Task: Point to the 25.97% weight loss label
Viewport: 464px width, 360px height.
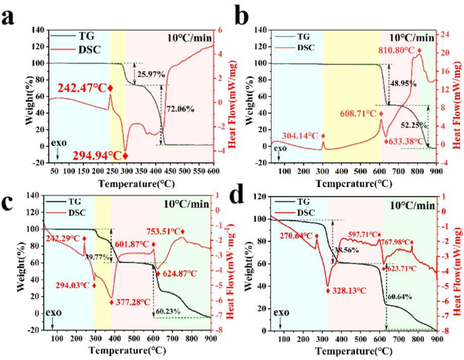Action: coord(151,74)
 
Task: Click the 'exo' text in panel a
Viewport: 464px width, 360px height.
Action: coord(56,144)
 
